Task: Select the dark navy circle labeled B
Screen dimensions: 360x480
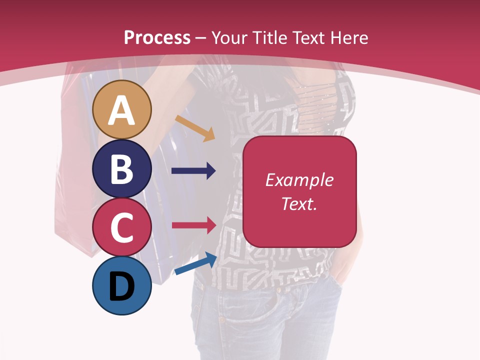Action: click(122, 168)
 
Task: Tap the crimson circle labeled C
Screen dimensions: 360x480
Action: click(122, 227)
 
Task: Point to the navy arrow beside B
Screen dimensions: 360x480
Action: click(193, 171)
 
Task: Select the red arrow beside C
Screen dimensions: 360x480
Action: click(193, 225)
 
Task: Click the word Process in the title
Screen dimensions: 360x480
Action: click(157, 37)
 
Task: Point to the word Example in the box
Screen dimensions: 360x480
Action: click(299, 180)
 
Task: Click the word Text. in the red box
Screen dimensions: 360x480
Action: click(299, 204)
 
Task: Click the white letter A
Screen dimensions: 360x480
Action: click(122, 110)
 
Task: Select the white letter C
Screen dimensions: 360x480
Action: click(122, 227)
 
